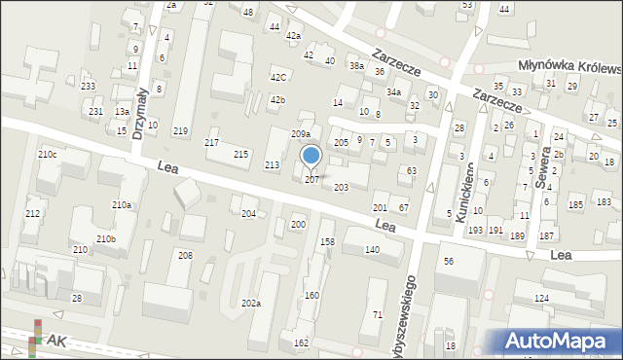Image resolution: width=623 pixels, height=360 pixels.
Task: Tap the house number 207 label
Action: coord(311,180)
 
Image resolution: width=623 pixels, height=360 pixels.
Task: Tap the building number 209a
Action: coord(301,134)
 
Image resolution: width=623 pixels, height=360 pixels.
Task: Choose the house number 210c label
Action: coord(47,155)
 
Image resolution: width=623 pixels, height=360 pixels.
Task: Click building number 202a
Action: coord(251,304)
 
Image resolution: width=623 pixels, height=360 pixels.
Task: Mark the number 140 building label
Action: coord(371,250)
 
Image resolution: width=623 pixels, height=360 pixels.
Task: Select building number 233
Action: coord(88,87)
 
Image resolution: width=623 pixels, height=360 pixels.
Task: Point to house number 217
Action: coord(211,143)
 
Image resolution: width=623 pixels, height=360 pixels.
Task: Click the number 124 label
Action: coord(541,298)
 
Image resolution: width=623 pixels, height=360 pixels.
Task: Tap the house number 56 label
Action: coord(449,262)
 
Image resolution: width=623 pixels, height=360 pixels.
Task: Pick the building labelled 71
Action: coord(377,314)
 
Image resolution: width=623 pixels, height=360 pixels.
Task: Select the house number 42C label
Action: coord(278,77)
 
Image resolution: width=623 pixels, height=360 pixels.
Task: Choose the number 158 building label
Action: coord(327,241)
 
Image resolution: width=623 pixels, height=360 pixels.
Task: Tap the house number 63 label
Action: coord(412,171)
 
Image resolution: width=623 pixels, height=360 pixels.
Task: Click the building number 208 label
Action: coord(185,255)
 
